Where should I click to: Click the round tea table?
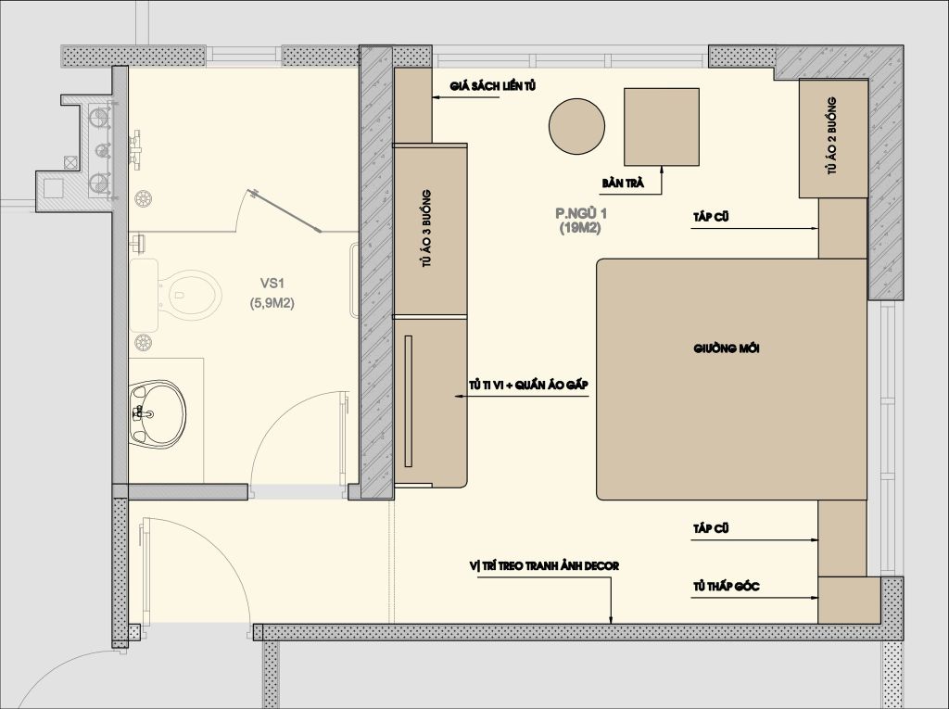(576, 126)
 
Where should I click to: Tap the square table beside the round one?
(662, 127)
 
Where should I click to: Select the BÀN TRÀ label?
(623, 183)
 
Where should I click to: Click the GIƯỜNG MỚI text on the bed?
(727, 348)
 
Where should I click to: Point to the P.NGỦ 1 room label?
(581, 213)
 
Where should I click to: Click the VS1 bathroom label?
(272, 283)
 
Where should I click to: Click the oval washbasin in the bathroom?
(158, 414)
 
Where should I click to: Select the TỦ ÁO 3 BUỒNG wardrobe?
(430, 230)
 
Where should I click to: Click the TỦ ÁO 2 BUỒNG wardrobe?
(833, 138)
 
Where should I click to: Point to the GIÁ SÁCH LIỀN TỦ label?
(493, 86)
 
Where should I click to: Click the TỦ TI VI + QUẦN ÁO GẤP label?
(527, 385)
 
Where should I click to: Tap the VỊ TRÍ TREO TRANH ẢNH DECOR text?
(544, 566)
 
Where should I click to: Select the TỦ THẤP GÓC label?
(727, 586)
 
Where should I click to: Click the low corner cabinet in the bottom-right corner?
(849, 600)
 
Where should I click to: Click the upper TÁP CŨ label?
(711, 217)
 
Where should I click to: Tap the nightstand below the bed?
(842, 538)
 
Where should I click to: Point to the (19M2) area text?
(580, 228)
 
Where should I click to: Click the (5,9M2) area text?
(272, 303)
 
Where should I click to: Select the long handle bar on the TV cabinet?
(408, 400)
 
